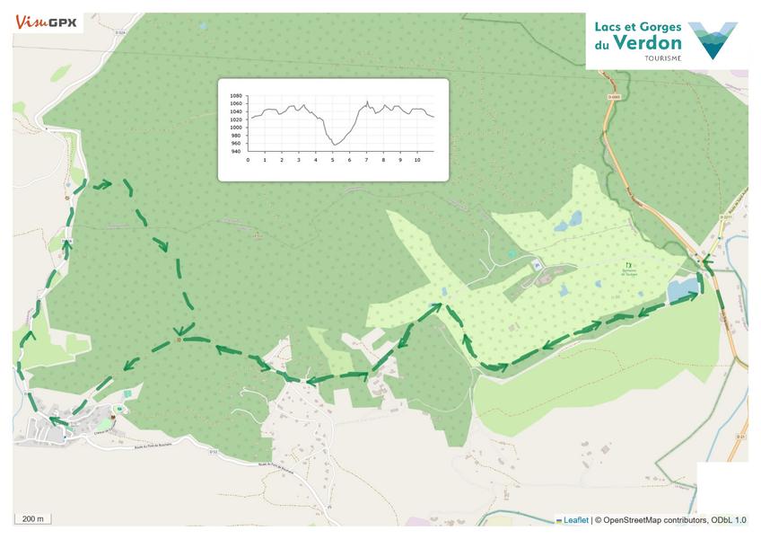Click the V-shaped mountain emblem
pyautogui.click(x=713, y=40)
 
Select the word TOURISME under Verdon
pyautogui.click(x=662, y=58)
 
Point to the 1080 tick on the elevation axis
pyautogui.click(x=236, y=95)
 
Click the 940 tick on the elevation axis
pyautogui.click(x=236, y=152)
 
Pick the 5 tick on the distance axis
pyautogui.click(x=332, y=160)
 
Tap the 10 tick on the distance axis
pyautogui.click(x=416, y=160)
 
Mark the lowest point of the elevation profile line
pyautogui.click(x=335, y=144)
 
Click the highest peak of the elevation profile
pyautogui.click(x=367, y=102)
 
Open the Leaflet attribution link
pyautogui.click(x=575, y=519)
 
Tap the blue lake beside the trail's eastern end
pyautogui.click(x=682, y=289)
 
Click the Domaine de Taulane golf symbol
pyautogui.click(x=625, y=264)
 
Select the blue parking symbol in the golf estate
pyautogui.click(x=536, y=264)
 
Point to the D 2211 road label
pyautogui.click(x=726, y=216)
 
